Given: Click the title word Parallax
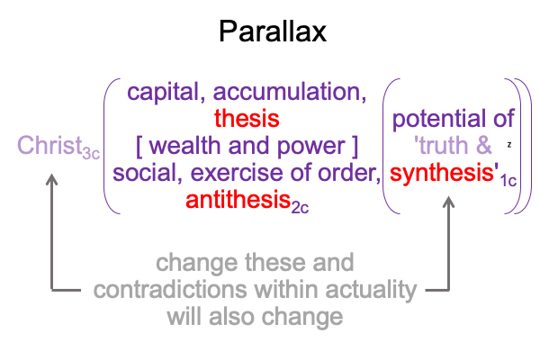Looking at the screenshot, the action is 273,31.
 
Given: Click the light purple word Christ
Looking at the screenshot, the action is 49,146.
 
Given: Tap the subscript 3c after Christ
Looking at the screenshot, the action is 91,154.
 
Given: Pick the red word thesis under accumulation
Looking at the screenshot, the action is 247,119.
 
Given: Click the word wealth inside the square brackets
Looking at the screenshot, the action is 184,146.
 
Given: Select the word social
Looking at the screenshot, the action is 148,173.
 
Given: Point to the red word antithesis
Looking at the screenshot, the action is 238,200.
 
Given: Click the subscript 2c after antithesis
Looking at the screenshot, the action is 300,208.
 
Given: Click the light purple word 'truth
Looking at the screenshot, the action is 441,146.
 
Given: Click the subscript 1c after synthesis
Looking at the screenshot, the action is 508,181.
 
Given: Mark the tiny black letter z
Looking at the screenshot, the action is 509,145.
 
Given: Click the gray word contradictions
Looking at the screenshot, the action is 170,290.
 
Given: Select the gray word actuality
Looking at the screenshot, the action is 371,291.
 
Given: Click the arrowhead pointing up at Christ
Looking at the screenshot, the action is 51,179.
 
